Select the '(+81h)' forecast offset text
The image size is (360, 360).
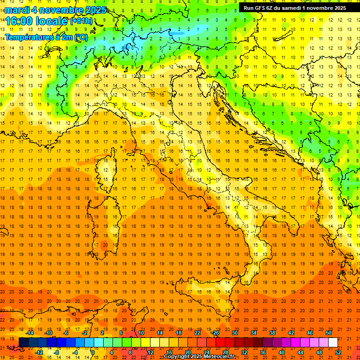click(x=81, y=21)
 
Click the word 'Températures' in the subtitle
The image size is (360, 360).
click(x=29, y=37)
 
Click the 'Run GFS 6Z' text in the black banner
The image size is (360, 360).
click(x=259, y=8)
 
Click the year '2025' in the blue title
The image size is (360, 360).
click(x=96, y=10)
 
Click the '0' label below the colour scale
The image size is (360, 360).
click(x=93, y=352)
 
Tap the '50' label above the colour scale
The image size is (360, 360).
click(x=329, y=333)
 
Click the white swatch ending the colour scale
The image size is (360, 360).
click(x=333, y=343)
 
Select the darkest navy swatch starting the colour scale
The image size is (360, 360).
click(x=23, y=343)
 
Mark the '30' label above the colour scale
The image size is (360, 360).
click(x=234, y=333)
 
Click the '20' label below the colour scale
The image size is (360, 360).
click(x=187, y=352)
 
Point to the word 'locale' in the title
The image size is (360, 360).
click(x=51, y=21)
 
